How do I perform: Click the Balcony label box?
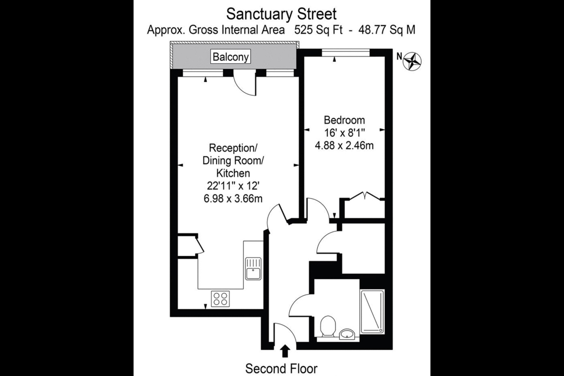pos(231,57)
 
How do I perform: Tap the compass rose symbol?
pos(413,61)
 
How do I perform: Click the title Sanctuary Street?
pos(281,14)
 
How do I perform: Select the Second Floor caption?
pos(281,368)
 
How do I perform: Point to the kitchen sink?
pos(253,268)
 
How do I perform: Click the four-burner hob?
pos(221,299)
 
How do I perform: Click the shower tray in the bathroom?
pos(372,312)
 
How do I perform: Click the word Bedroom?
pos(344,120)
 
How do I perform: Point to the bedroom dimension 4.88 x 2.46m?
pos(344,146)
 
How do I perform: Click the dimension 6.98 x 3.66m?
pos(233,199)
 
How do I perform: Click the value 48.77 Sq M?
pos(387,30)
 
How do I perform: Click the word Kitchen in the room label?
pos(233,173)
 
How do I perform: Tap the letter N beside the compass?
pos(399,56)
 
